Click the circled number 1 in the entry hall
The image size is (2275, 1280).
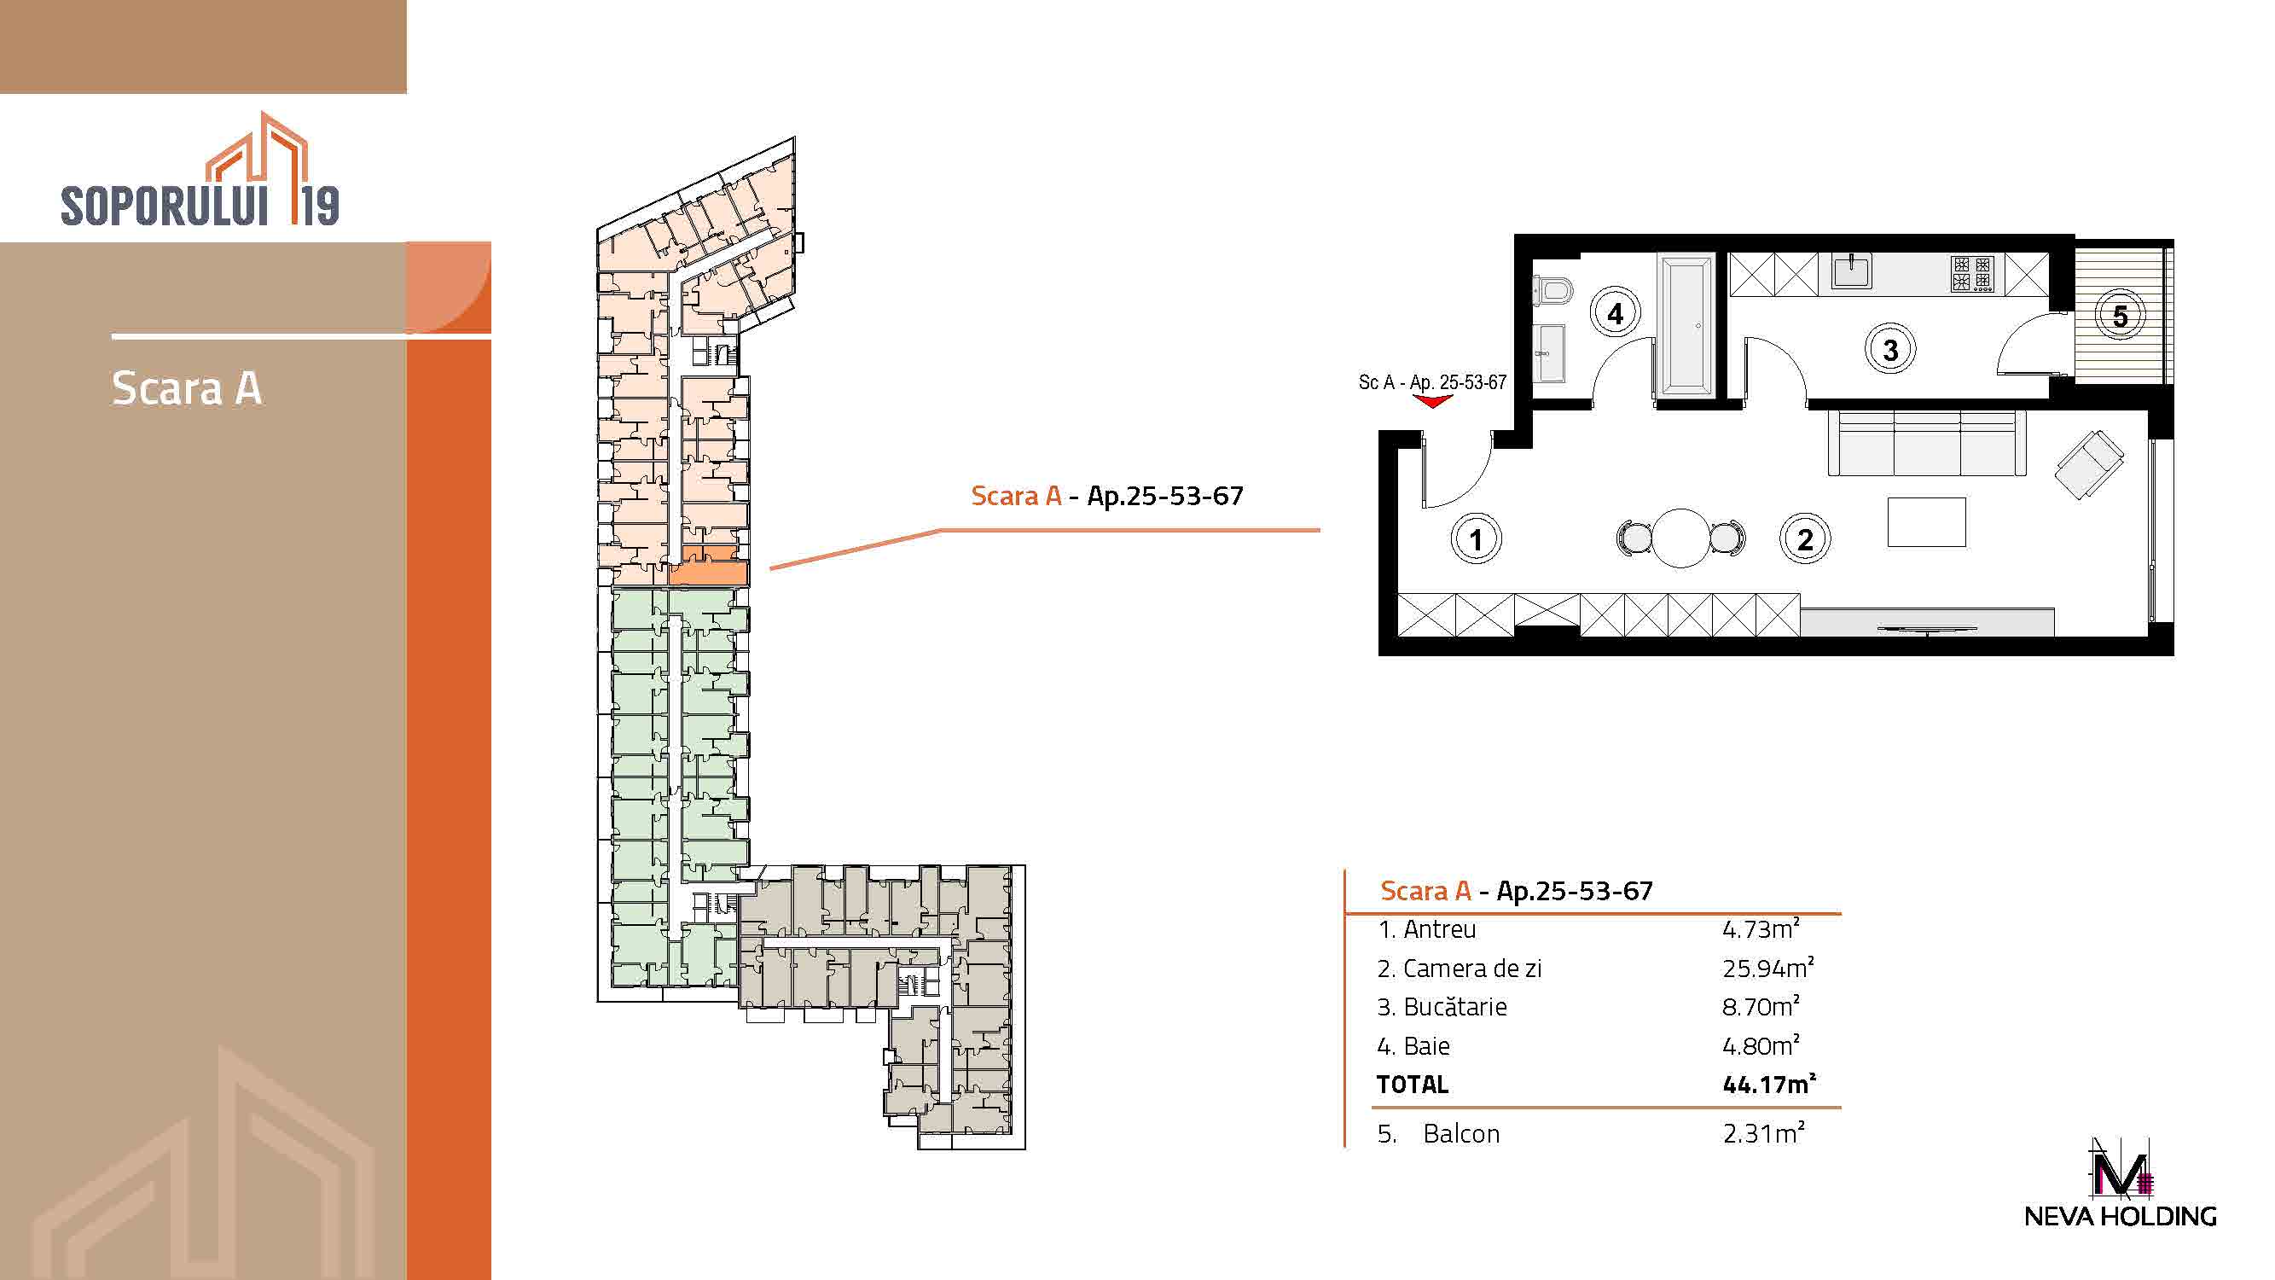1476,538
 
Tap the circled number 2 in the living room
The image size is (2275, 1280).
1804,538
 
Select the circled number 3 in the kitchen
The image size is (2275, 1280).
1890,350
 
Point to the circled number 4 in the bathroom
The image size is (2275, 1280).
1616,312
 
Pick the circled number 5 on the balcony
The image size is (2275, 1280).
2121,316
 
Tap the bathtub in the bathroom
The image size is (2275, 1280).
1686,325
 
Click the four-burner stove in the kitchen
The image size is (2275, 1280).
1972,274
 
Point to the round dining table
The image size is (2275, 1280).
1680,538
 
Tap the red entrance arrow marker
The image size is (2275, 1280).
1431,401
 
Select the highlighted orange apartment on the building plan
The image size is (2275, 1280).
708,567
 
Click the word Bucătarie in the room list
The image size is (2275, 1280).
1454,1007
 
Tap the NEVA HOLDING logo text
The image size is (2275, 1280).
2120,1216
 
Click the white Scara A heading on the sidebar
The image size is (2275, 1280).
186,387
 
